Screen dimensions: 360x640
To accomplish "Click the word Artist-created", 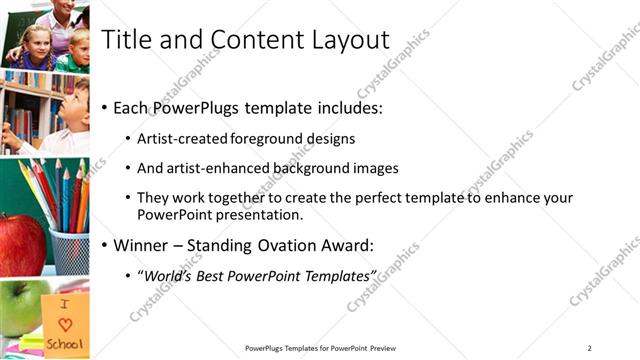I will click(x=181, y=138).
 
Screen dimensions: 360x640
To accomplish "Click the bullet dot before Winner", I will click(x=105, y=245).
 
